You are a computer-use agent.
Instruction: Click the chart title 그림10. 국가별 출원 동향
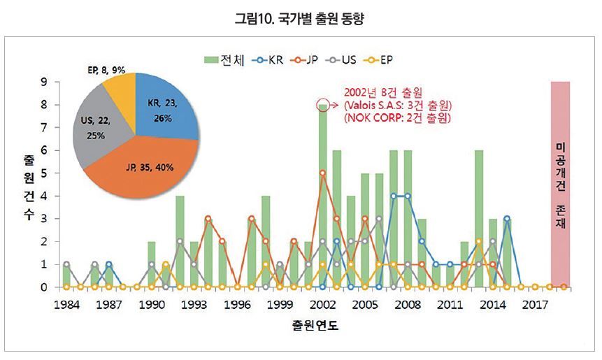[x=300, y=18]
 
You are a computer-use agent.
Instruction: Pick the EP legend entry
[x=380, y=60]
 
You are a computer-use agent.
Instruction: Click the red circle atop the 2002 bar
[x=322, y=105]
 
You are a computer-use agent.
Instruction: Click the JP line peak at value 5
[x=322, y=173]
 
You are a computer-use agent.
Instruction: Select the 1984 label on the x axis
[x=66, y=305]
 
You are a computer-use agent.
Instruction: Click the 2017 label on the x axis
[x=535, y=305]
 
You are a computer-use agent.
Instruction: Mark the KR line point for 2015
[x=507, y=219]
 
